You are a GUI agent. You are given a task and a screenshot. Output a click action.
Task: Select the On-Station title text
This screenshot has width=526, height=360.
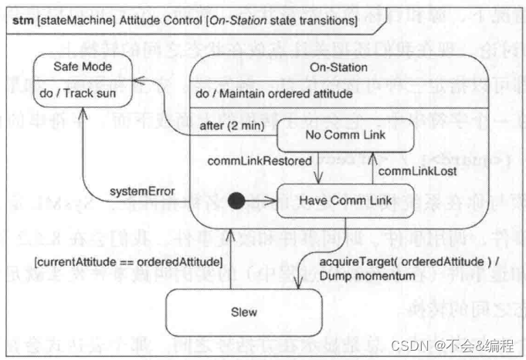pyautogui.click(x=338, y=67)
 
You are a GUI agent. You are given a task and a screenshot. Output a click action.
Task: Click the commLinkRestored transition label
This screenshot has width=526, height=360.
pyautogui.click(x=259, y=161)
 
